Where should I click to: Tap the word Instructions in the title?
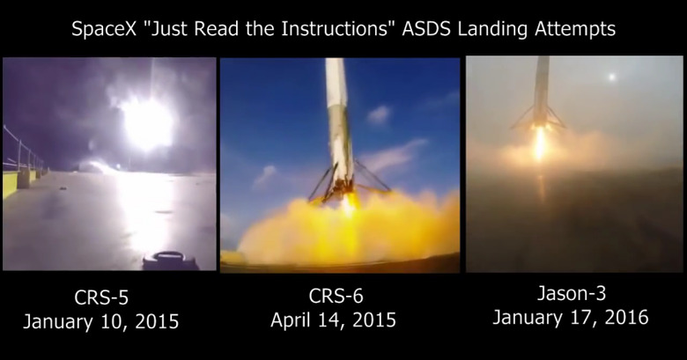coord(336,29)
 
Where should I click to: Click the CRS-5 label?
coord(101,298)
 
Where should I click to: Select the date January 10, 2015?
coord(100,321)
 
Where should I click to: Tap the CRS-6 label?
coord(336,296)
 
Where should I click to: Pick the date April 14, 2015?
coord(334,320)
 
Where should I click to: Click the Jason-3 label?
coord(572,293)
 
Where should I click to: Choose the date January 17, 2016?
coord(571,317)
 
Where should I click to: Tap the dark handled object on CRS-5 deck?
coord(170,261)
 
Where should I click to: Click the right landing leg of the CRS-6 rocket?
coord(372,177)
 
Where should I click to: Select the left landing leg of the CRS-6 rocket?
coord(323,182)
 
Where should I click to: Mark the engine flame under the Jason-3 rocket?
coord(540,143)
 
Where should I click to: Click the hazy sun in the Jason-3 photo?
coord(611,77)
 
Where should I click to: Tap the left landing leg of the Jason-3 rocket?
coord(522,117)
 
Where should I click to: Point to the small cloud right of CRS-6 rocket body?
coord(378,114)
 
